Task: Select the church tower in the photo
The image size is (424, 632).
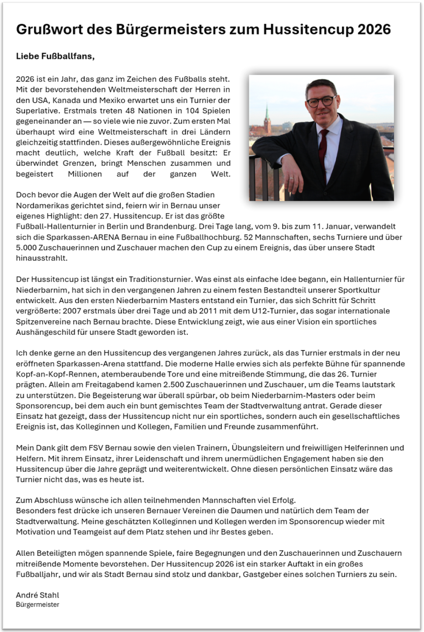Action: (x=267, y=120)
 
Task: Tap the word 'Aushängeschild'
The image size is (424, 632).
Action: (x=43, y=332)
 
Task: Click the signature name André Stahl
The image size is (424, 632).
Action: (x=37, y=595)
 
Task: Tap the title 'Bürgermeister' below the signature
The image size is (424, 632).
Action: (x=37, y=605)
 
